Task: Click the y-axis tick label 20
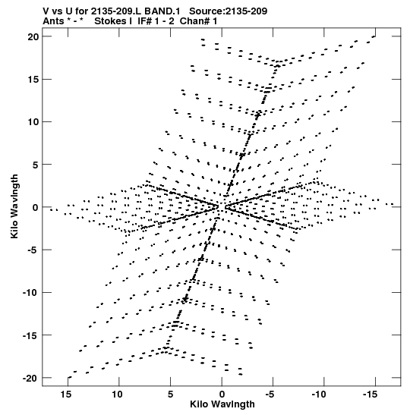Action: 33,36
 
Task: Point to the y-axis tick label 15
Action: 33,80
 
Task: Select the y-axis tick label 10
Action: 33,122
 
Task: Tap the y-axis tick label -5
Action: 32,250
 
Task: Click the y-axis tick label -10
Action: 30,293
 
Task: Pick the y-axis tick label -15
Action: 30,335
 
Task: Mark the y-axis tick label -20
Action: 30,379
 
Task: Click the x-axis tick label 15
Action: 66,395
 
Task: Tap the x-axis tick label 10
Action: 117,395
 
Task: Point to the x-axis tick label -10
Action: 319,395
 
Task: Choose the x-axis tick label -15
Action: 370,395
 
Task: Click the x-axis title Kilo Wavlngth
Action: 222,404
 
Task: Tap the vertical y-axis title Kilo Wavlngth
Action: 14,206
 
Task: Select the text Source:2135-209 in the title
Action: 229,11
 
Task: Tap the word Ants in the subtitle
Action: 53,21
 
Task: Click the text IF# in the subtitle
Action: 144,21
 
